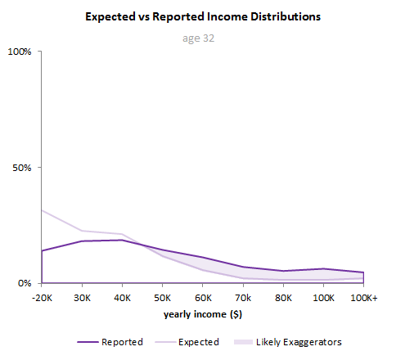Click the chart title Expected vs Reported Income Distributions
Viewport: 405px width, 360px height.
coord(202,16)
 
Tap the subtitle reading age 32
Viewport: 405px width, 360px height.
coord(202,38)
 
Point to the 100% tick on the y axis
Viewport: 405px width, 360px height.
coord(19,52)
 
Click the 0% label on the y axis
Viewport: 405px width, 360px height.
coord(24,283)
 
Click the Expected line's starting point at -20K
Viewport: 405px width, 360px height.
coord(42,210)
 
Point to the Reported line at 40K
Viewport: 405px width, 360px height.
coord(122,240)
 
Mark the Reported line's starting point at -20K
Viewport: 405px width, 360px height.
coord(42,251)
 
